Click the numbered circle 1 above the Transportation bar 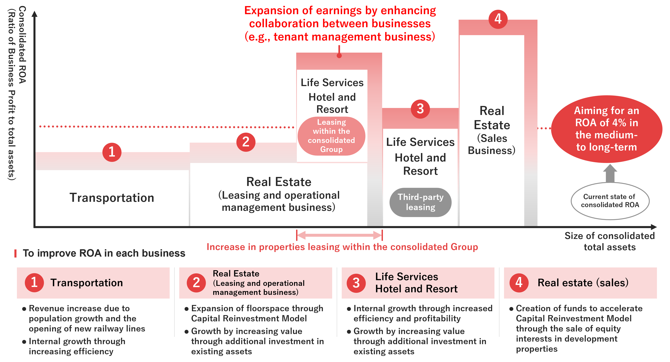coord(112,152)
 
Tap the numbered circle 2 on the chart coord(246,142)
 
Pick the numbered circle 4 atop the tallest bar coord(498,19)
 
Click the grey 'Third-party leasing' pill coord(420,202)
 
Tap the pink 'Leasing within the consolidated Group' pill coord(331,136)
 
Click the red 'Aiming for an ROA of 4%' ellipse coord(607,129)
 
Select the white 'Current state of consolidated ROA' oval coord(610,201)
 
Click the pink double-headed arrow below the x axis coord(340,235)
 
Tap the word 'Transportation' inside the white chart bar coord(112,198)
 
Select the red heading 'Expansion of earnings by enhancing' coord(340,11)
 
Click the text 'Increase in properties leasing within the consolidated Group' coord(342,247)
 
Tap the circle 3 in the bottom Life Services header coord(356,283)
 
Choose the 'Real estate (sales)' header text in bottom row coord(583,283)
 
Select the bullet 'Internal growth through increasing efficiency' coord(77,346)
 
